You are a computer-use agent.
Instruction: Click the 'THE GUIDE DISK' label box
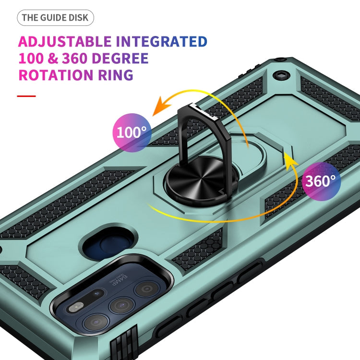(56, 18)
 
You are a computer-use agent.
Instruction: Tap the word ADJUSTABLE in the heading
(64, 41)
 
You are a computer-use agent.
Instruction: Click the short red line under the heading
(26, 96)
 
